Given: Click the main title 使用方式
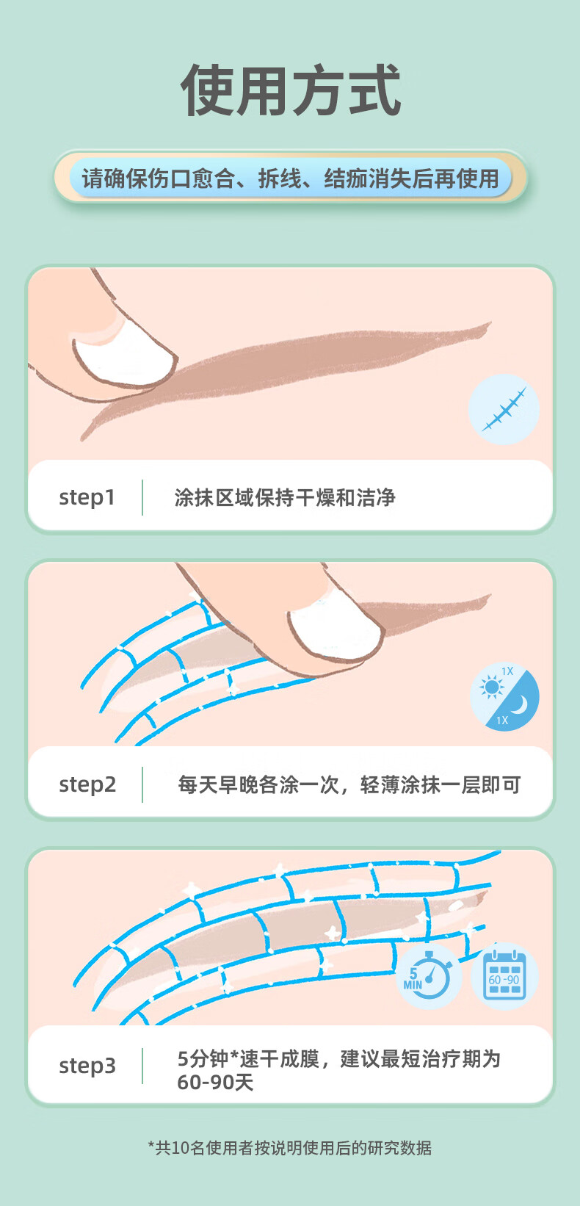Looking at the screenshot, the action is point(291,90).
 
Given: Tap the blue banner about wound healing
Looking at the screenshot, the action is point(291,177).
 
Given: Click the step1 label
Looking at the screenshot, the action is point(87,497).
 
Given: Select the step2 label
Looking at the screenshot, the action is point(87,785).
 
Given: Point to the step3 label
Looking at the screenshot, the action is point(87,1066).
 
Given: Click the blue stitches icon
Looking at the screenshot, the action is point(504,409).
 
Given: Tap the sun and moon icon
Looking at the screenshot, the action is point(504,697).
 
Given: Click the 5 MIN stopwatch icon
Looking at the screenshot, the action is point(428,976).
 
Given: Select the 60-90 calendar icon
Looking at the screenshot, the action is point(504,976).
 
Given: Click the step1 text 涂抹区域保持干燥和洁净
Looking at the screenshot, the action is point(285,497).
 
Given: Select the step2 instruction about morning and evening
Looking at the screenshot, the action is point(349,785).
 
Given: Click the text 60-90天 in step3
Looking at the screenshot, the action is point(215,1082).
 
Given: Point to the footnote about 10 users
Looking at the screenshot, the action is point(290,1148).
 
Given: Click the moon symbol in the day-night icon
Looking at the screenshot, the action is point(519,704).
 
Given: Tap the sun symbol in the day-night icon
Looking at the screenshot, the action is point(491,687).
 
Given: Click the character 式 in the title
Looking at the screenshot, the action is point(374,90).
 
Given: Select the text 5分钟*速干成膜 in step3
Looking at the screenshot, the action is point(248,1058).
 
